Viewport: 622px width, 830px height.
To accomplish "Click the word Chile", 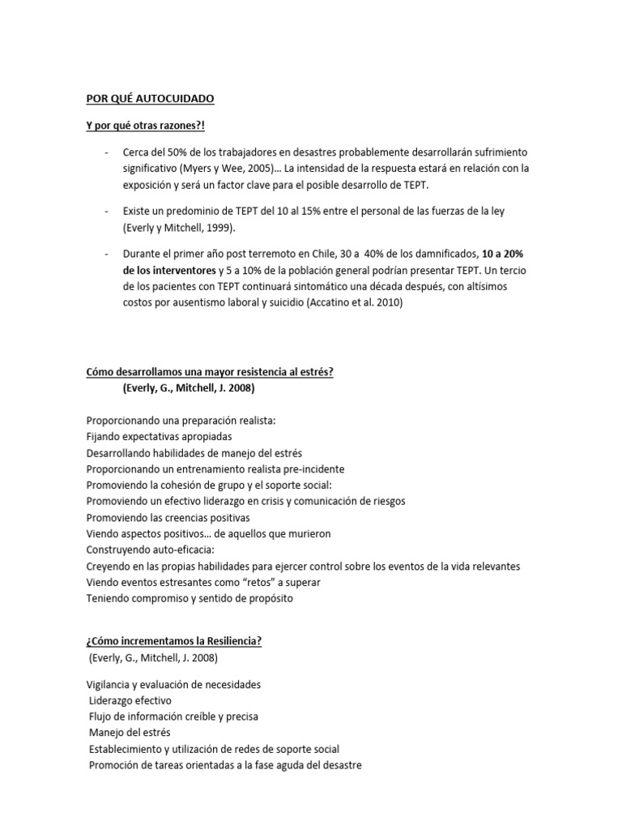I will [x=324, y=254].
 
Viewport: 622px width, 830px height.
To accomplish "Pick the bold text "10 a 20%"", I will [x=502, y=254].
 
